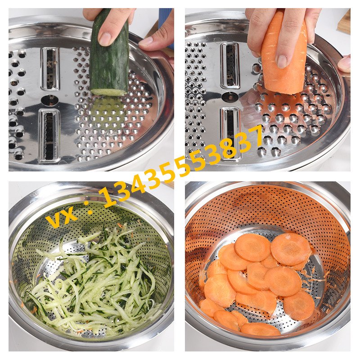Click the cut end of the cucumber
pyautogui.click(x=108, y=92)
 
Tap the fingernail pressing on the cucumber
pyautogui.click(x=105, y=38)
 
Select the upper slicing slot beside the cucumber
pyautogui.click(x=50, y=69)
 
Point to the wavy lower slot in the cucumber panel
pyautogui.click(x=49, y=135)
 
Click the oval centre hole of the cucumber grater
pyautogui.click(x=49, y=100)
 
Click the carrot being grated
pyautogui.click(x=284, y=53)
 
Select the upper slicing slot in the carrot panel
pyautogui.click(x=230, y=66)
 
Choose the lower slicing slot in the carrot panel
pyautogui.click(x=230, y=134)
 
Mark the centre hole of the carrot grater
pyautogui.click(x=230, y=97)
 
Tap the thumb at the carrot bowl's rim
pyautogui.click(x=344, y=63)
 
